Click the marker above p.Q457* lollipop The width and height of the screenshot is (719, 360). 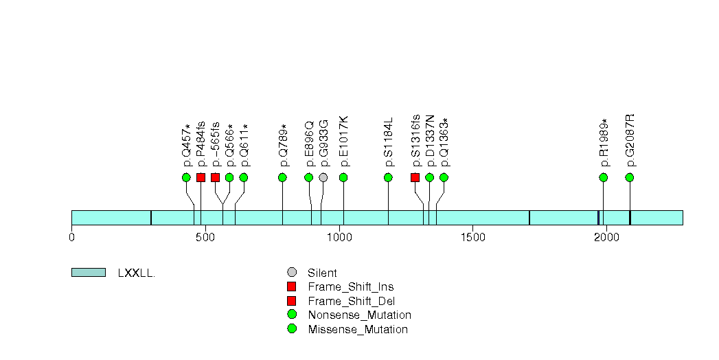pyautogui.click(x=186, y=177)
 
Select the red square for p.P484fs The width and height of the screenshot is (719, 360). pyautogui.click(x=201, y=177)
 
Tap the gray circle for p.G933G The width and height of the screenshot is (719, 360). pyautogui.click(x=323, y=177)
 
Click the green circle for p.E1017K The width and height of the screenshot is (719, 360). pyautogui.click(x=343, y=177)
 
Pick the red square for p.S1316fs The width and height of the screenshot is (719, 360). pyautogui.click(x=415, y=177)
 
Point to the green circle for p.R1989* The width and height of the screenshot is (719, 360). pyautogui.click(x=603, y=177)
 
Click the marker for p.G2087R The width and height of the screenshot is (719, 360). pyautogui.click(x=629, y=177)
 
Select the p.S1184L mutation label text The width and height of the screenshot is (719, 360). pyautogui.click(x=389, y=142)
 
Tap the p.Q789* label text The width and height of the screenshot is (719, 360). pyautogui.click(x=283, y=145)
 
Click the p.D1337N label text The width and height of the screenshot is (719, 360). pyautogui.click(x=430, y=141)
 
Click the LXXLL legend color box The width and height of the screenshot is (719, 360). pyautogui.click(x=88, y=273)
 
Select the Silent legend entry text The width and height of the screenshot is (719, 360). pyautogui.click(x=322, y=273)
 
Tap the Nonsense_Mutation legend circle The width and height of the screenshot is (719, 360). pyautogui.click(x=291, y=315)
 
